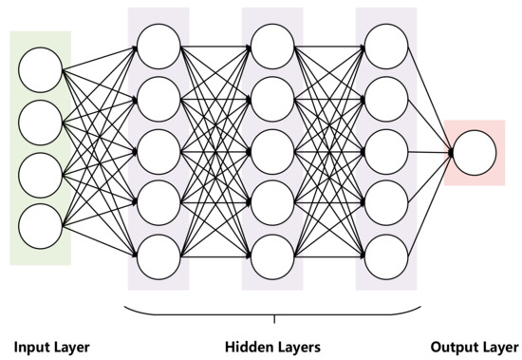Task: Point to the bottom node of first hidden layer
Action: click(158, 256)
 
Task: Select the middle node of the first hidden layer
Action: click(158, 149)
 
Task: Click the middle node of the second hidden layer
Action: click(272, 149)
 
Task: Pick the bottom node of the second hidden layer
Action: click(272, 256)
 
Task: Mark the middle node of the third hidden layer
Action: click(386, 149)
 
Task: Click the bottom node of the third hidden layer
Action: click(386, 256)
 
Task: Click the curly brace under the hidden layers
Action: click(273, 313)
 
